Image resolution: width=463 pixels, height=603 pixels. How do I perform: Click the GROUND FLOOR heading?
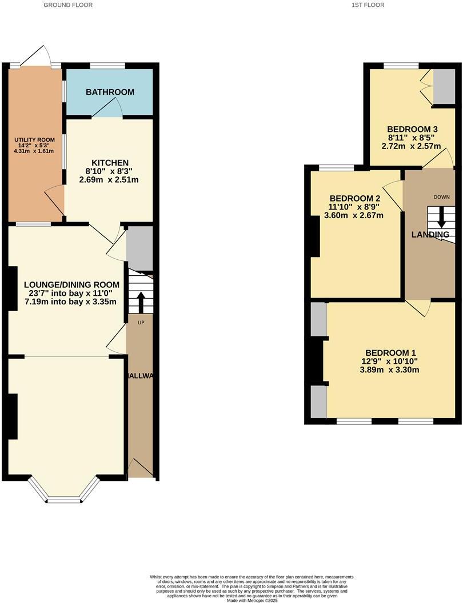[68, 5]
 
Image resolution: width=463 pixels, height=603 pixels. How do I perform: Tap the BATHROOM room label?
[110, 92]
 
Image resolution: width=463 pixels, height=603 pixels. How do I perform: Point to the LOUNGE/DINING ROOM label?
[72, 284]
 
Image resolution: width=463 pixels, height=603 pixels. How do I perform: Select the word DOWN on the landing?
[441, 197]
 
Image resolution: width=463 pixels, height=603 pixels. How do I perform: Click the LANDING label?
[430, 235]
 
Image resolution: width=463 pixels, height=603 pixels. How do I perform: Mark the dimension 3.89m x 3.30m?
[389, 369]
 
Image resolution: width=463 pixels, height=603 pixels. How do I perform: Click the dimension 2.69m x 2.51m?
[109, 180]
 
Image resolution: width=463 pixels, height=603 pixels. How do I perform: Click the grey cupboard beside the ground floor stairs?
[139, 248]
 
